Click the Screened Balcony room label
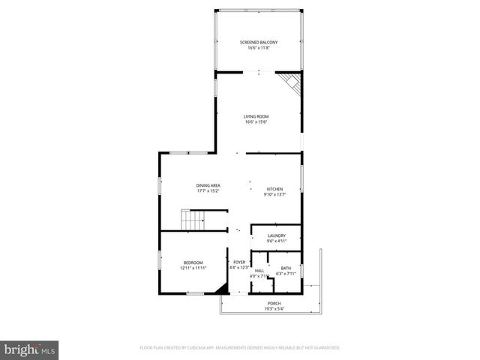point(259,42)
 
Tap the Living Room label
point(256,116)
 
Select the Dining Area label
point(208,185)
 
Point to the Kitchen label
point(274,189)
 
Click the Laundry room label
point(276,235)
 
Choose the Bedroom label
point(193,262)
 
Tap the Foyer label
point(238,262)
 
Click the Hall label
point(259,270)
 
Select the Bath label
point(286,268)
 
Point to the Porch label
point(274,303)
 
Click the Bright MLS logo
point(29,349)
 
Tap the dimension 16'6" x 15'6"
point(256,122)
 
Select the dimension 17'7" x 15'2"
point(208,191)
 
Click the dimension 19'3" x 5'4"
point(274,308)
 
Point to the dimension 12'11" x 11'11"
point(193,268)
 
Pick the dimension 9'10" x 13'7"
point(274,195)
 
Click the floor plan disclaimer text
point(239,348)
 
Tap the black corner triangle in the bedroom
point(222,289)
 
